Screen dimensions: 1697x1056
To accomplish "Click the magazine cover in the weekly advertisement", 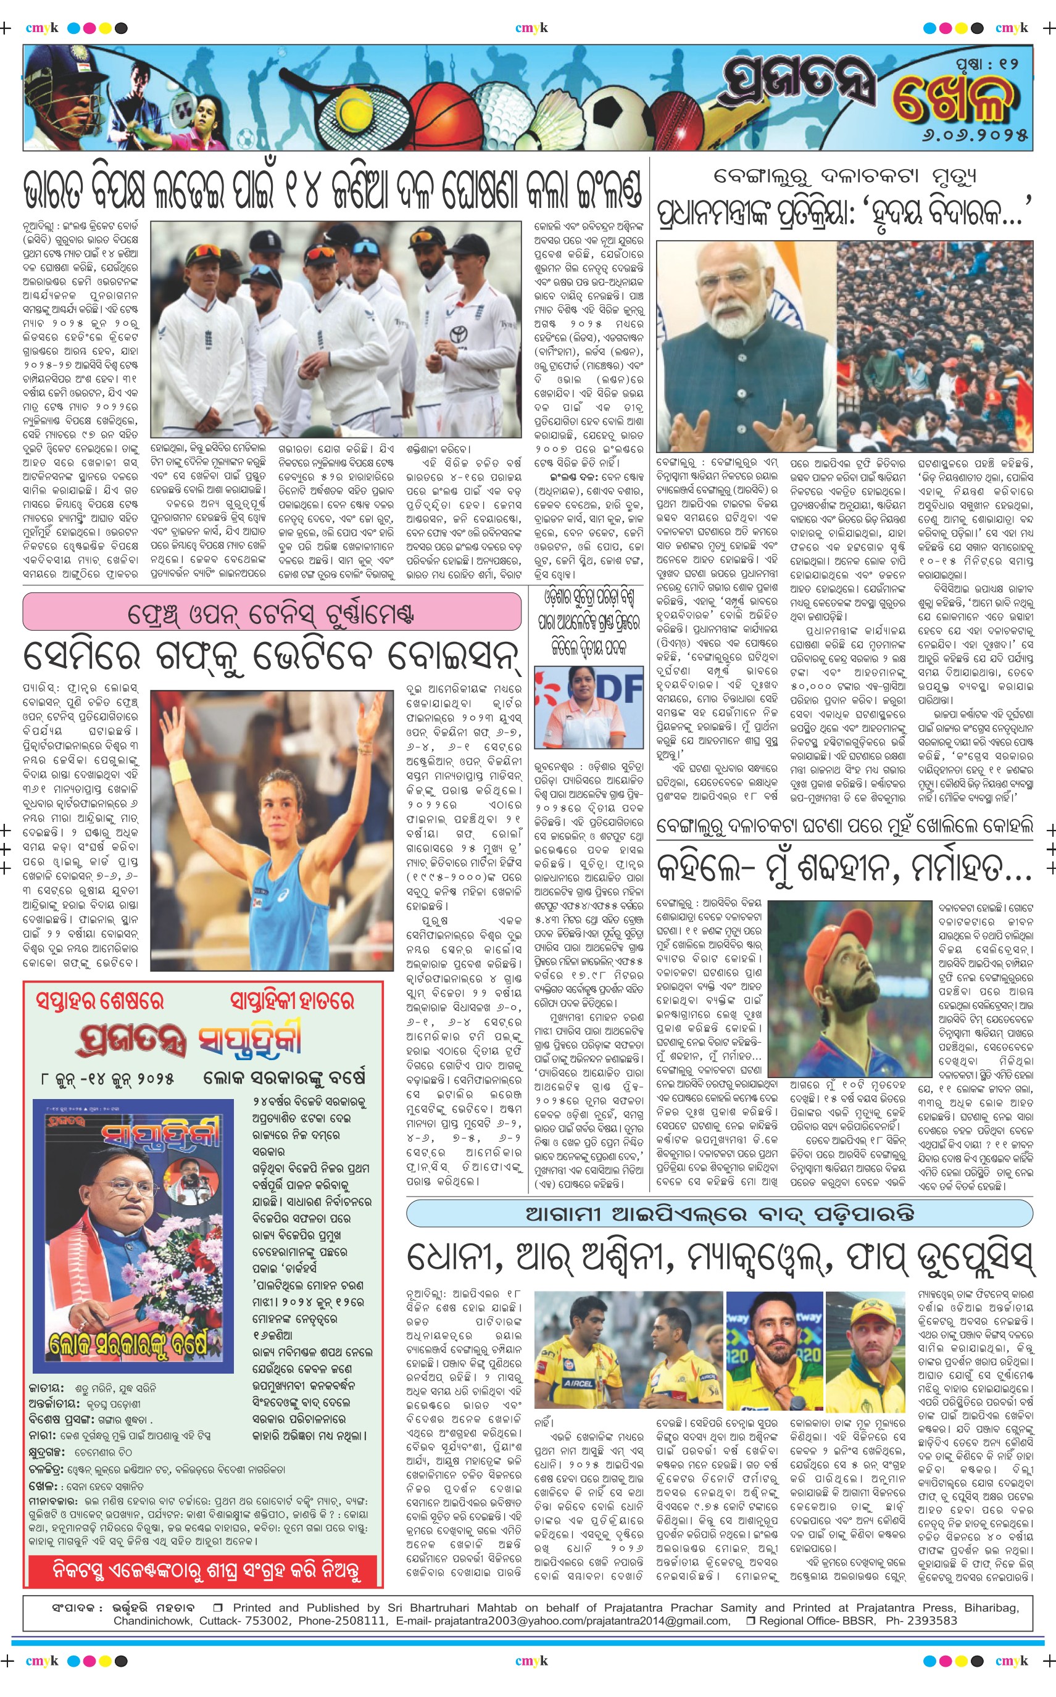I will point(133,1236).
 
